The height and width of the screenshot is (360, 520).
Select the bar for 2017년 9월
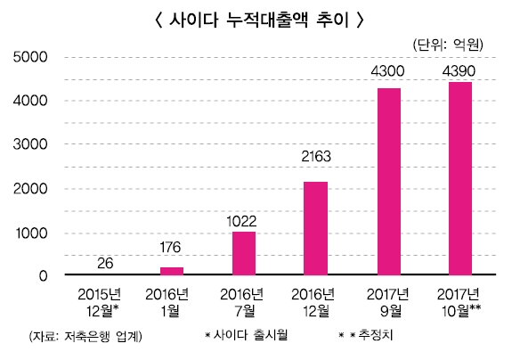coord(388,182)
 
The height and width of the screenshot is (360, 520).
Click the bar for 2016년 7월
coord(244,253)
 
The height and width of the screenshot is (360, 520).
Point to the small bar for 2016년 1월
coord(172,271)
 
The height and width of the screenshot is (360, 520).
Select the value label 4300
coord(388,71)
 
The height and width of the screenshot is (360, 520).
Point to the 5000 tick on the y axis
coord(31,58)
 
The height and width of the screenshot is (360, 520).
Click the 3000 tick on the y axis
coord(31,144)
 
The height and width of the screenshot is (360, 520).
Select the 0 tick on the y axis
coord(42,275)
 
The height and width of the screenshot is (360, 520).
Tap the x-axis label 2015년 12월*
coord(100,302)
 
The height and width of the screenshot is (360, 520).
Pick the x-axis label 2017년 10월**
coord(461,302)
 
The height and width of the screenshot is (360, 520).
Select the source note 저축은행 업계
coord(85,336)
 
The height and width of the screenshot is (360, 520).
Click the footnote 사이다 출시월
coord(247,336)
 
